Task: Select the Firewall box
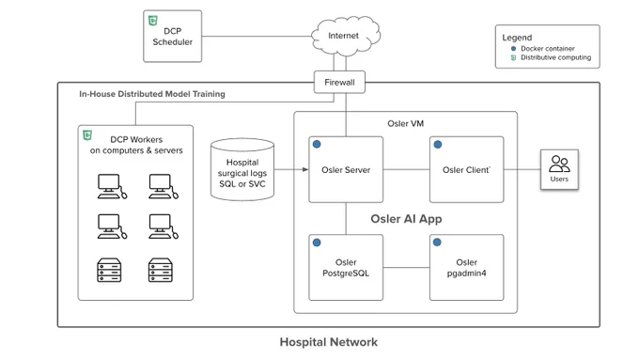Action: (339, 82)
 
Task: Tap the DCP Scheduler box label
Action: (172, 37)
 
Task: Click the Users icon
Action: (559, 164)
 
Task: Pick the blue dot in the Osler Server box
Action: (317, 144)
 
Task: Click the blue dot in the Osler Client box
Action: (438, 145)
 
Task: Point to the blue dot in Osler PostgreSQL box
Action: (317, 243)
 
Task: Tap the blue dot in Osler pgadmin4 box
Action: (437, 243)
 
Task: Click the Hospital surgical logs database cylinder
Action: (242, 169)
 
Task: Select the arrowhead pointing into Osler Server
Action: (305, 169)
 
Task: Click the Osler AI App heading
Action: (406, 219)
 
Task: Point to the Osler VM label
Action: (406, 123)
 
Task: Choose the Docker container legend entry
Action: (543, 49)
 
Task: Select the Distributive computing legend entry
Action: (551, 57)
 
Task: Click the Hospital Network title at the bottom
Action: (329, 342)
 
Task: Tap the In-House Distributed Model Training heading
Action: (152, 94)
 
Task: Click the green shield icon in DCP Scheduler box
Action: (153, 21)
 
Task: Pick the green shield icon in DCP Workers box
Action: (87, 135)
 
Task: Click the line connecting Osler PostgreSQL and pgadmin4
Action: (406, 268)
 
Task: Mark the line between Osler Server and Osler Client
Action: (406, 169)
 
